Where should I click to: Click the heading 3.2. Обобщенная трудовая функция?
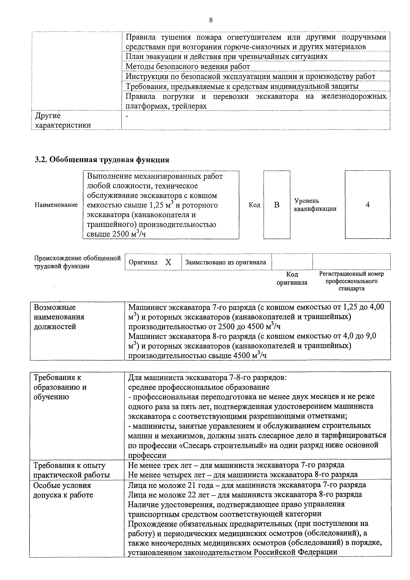click(x=102, y=160)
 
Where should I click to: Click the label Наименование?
click(x=56, y=205)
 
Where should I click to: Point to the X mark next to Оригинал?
click(x=168, y=262)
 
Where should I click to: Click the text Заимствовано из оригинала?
click(x=226, y=262)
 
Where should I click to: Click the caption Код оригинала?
click(x=292, y=278)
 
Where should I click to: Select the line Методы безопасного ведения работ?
click(x=188, y=66)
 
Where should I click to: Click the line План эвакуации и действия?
click(x=227, y=56)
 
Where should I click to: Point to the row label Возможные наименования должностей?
click(x=59, y=317)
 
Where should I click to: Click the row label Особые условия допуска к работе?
click(x=63, y=490)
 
